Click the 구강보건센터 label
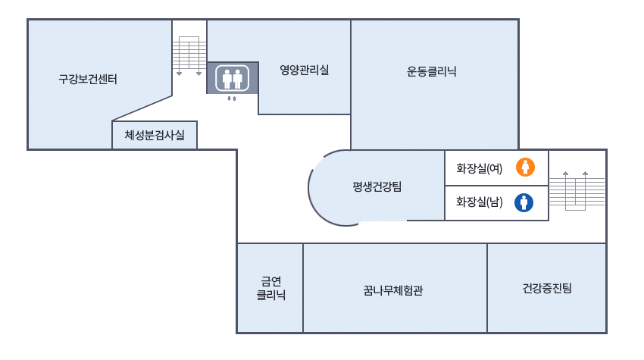88,79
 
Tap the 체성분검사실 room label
155,136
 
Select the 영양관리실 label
305,70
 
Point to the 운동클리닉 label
432,72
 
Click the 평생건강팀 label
377,187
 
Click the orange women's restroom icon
525,167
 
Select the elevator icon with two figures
233,78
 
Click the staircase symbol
189,53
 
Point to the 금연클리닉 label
270,289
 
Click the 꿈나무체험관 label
393,289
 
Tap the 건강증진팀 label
547,288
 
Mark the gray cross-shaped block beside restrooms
577,190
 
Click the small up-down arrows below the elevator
232,99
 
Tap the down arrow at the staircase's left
179,73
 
